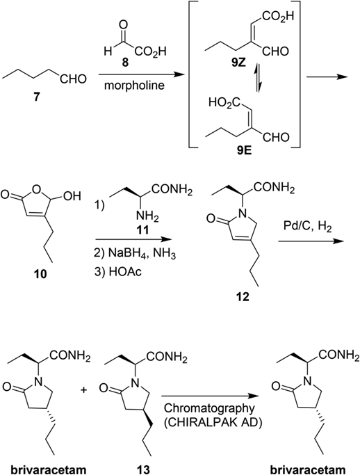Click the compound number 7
[x=37, y=98]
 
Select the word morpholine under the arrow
[x=134, y=86]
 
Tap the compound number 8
[x=125, y=63]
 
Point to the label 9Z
[x=237, y=65]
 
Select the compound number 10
[x=40, y=274]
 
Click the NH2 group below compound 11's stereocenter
[x=147, y=216]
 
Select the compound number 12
[x=243, y=297]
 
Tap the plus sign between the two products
[x=84, y=390]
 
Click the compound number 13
[x=142, y=469]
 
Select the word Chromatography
[x=209, y=409]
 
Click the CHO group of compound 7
[x=73, y=79]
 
